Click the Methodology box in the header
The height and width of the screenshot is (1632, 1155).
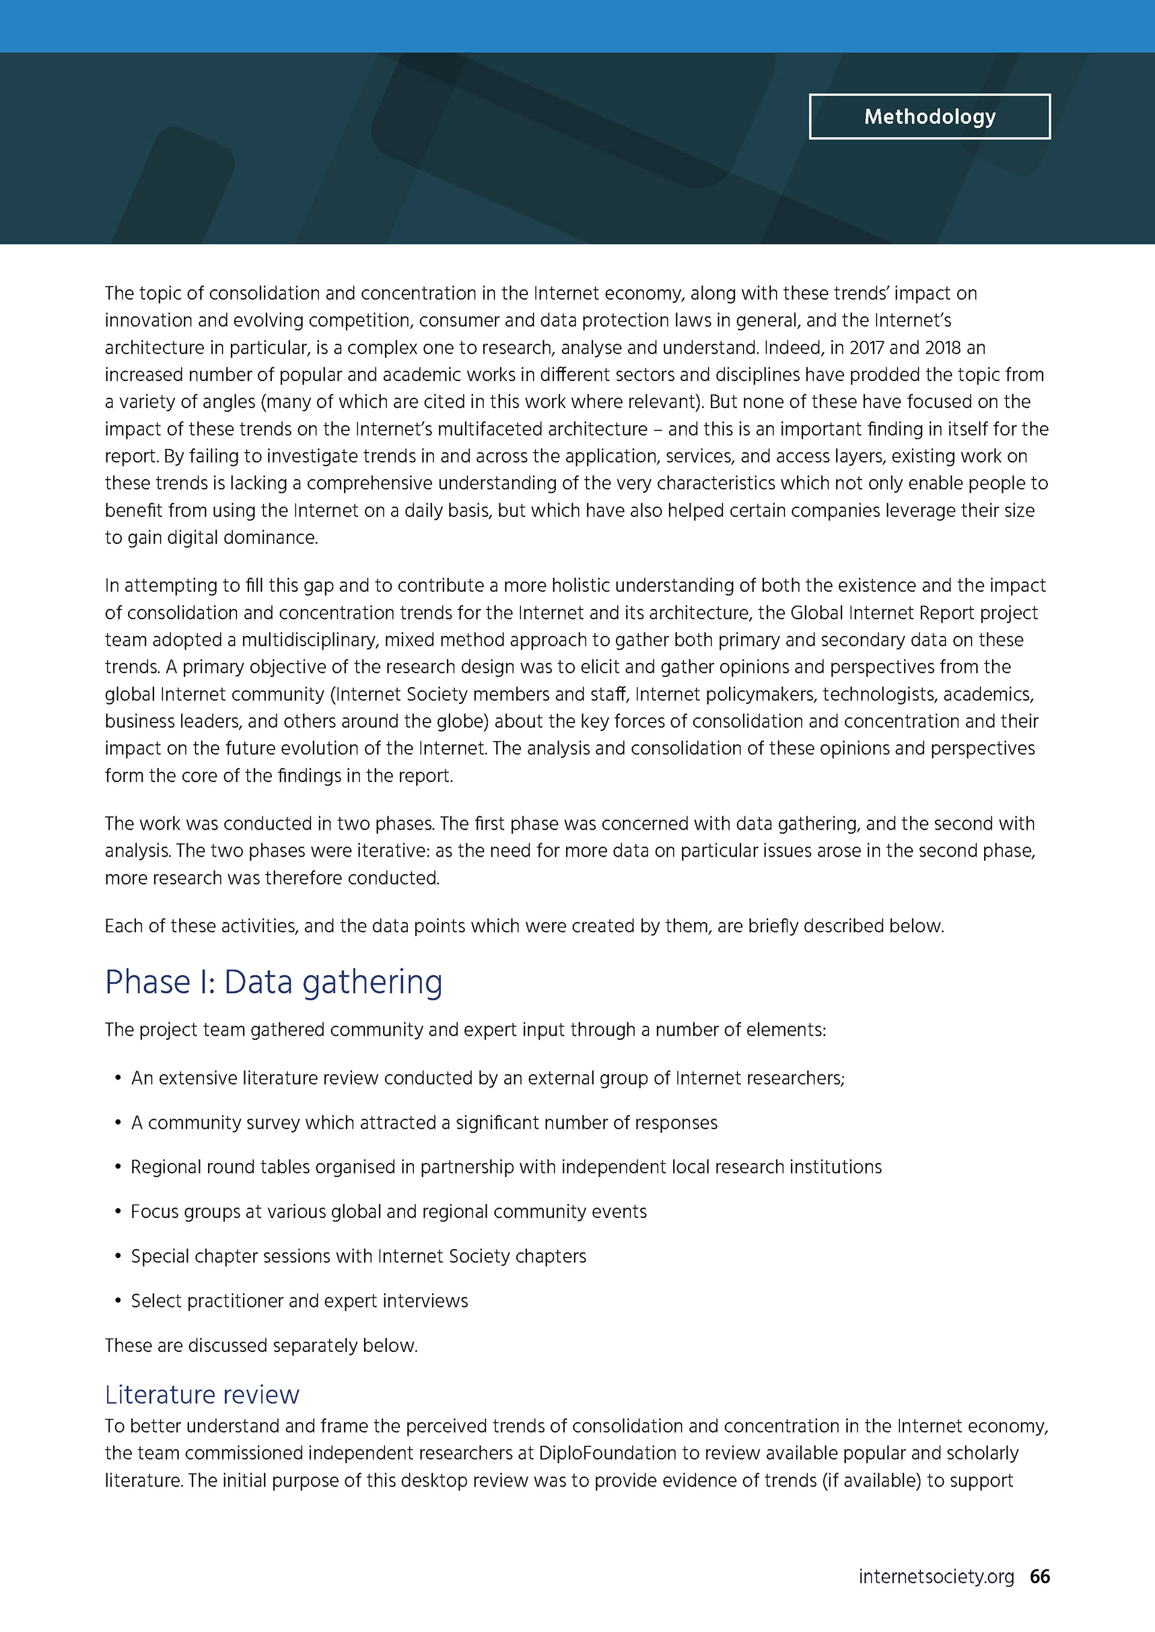point(929,117)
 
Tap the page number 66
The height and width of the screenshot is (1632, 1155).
point(1039,1576)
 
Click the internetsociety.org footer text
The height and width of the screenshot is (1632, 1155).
point(936,1577)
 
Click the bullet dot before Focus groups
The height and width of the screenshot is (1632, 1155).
point(118,1212)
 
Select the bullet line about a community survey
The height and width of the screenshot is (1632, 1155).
point(424,1122)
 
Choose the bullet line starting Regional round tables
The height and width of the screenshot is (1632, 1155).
point(506,1167)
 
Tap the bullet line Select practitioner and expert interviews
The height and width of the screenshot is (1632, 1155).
point(300,1301)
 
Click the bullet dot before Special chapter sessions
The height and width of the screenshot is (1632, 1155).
point(118,1257)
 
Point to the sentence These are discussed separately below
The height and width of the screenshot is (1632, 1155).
point(261,1345)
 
